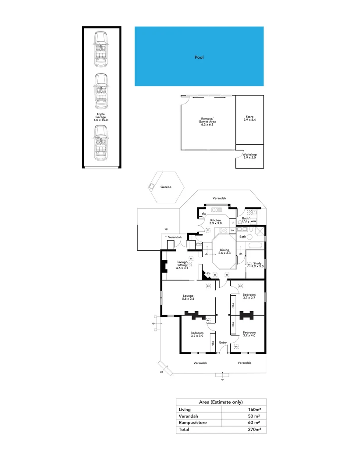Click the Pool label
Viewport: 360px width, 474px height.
point(199,57)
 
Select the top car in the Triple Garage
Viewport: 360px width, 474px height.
point(101,48)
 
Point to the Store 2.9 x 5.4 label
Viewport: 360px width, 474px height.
point(250,118)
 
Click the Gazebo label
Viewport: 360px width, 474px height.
point(165,187)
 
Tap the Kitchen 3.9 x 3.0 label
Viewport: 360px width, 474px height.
point(215,222)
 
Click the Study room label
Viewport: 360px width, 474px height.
point(257,265)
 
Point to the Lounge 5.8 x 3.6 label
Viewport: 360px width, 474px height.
point(188,298)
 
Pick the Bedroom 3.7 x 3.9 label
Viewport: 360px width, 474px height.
point(197,334)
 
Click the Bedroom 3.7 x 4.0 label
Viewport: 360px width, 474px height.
point(249,334)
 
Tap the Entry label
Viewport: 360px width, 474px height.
point(223,342)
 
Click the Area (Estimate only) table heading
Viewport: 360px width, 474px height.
point(221,402)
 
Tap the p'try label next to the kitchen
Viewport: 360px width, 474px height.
point(199,243)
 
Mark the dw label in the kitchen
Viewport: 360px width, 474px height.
point(204,214)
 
